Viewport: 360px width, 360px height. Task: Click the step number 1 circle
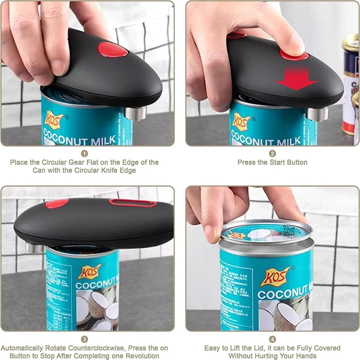click(x=84, y=154)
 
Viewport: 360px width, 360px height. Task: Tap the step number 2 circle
click(x=273, y=154)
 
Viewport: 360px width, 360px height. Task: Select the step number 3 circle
click(x=84, y=339)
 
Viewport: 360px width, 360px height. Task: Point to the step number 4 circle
click(x=273, y=339)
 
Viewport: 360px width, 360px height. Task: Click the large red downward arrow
click(x=296, y=79)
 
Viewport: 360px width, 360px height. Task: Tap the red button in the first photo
click(x=113, y=50)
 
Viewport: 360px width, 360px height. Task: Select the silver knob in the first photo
click(x=136, y=113)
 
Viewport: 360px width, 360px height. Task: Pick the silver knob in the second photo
click(x=318, y=114)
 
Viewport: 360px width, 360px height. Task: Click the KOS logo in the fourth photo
click(x=275, y=276)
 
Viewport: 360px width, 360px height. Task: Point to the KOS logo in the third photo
click(x=90, y=271)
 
